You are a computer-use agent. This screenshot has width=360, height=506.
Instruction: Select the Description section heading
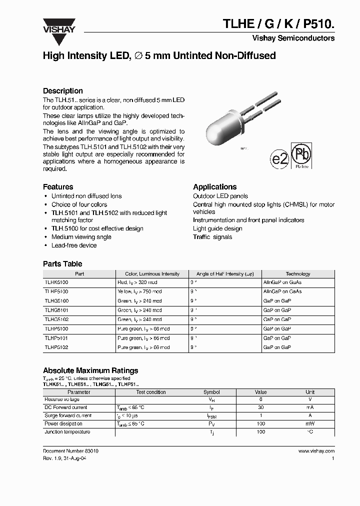tap(63, 91)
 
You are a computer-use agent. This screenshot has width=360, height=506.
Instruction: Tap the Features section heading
tap(58, 186)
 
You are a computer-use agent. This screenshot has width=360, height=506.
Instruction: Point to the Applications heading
tap(214, 186)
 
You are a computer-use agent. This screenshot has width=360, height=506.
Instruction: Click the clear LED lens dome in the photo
tap(220, 132)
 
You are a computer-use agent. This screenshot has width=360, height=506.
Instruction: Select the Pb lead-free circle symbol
tap(302, 155)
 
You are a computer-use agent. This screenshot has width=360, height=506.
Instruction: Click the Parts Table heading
tap(62, 264)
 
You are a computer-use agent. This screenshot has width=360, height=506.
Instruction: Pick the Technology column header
tap(297, 274)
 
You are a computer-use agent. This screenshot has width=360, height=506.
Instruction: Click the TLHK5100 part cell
tap(56, 282)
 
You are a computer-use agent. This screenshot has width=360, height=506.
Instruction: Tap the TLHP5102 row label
tap(56, 347)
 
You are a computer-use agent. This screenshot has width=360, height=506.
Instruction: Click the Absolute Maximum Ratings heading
tap(90, 370)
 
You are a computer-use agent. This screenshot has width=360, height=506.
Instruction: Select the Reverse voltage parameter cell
tap(62, 400)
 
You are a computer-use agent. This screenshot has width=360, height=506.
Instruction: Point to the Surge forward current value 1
tap(260, 415)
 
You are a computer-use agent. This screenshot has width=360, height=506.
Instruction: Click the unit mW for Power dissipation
tap(310, 423)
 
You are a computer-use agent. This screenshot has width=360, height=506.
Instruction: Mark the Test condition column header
tap(151, 392)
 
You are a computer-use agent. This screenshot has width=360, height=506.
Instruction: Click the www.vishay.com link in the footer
tap(316, 451)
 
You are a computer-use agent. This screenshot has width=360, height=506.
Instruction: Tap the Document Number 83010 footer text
tap(70, 451)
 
